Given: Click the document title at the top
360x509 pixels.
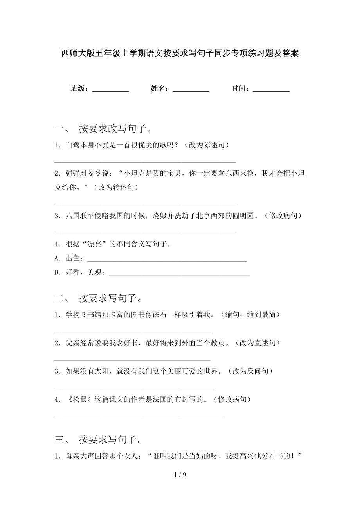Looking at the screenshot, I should point(180,54).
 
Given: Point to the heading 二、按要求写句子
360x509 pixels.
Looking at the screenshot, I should point(103,298).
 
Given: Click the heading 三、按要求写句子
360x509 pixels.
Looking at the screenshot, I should point(103,440).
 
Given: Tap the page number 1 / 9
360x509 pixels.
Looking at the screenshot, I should point(180,475).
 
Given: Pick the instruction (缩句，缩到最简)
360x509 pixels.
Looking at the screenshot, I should point(250,314).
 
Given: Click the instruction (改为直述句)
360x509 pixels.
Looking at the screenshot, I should point(258,343).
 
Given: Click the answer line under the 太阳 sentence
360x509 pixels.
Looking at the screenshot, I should point(134,388).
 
